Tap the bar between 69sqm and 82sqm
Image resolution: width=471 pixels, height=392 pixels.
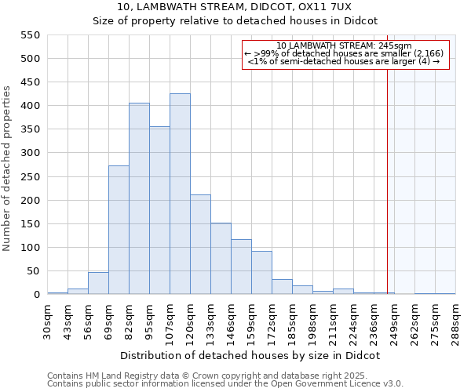[x=119, y=230]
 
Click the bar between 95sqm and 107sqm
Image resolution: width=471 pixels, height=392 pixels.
[x=159, y=211]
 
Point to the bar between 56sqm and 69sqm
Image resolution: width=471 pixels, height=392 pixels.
[x=98, y=283]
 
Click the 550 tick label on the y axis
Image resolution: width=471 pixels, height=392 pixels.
[x=30, y=35]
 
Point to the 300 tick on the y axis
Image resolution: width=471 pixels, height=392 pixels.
[x=30, y=153]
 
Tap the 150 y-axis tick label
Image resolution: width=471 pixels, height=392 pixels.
[x=30, y=224]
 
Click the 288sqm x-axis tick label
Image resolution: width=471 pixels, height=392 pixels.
[x=455, y=320]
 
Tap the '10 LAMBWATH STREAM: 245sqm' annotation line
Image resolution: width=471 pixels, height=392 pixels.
[x=345, y=45]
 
